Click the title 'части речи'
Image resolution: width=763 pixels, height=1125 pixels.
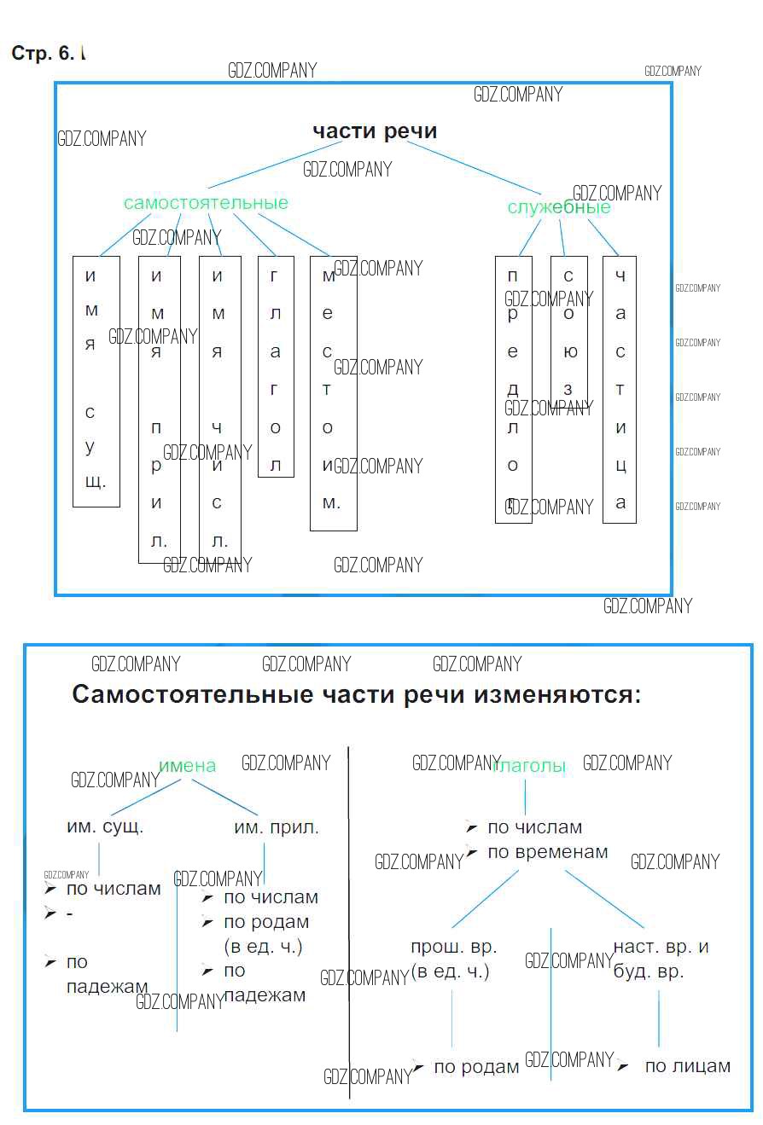coord(375,131)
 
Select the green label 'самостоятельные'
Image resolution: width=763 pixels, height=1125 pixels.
coord(206,203)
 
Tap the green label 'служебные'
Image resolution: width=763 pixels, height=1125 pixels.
coord(559,207)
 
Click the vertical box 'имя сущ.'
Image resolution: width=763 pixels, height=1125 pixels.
coord(96,380)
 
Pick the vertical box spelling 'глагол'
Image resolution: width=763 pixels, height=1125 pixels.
coord(275,367)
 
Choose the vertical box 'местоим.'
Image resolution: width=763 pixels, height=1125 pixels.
coord(332,392)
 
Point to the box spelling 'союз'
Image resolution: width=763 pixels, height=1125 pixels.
coord(568,333)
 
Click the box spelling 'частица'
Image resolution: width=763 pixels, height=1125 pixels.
coord(620,389)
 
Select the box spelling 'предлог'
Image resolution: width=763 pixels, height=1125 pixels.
coord(513,389)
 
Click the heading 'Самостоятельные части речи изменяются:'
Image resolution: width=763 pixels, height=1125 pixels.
coord(356,694)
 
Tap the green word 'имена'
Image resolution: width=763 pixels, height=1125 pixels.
coord(187,766)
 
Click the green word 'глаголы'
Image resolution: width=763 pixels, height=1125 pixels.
coord(530,766)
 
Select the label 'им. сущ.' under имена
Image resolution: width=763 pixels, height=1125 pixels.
coord(105,826)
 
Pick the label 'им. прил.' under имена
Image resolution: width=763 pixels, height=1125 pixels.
coord(277,827)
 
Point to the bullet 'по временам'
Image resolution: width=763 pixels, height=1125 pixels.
coord(547,852)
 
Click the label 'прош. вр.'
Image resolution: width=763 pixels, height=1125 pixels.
coord(453,947)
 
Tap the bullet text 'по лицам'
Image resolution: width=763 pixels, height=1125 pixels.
coord(687,1066)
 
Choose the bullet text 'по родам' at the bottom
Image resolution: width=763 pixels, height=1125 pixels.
coord(476,1067)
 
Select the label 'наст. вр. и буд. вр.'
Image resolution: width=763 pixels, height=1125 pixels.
coord(660,959)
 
